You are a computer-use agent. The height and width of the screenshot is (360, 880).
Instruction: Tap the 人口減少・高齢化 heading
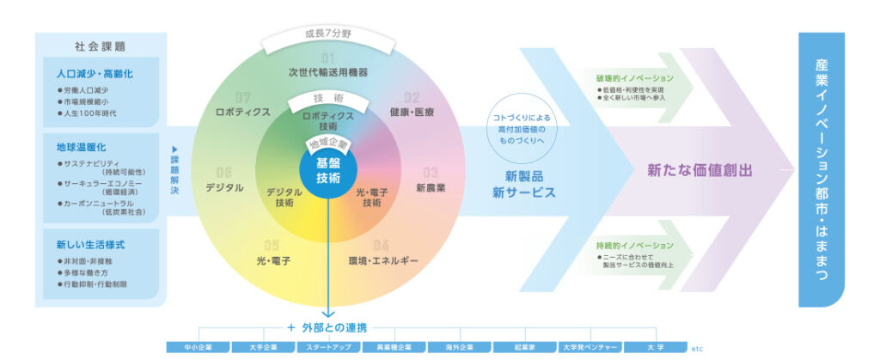tap(95, 74)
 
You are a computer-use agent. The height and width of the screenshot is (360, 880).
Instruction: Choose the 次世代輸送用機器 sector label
tap(327, 72)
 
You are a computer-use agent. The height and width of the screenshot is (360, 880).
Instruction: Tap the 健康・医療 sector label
tap(412, 113)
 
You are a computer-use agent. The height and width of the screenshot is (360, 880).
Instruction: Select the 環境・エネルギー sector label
tap(383, 259)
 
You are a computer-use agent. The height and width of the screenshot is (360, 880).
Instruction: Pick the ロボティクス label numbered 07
tap(244, 112)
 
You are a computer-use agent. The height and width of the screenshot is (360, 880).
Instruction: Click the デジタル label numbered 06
tap(224, 186)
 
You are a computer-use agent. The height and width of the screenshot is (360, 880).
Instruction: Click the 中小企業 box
tap(197, 347)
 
